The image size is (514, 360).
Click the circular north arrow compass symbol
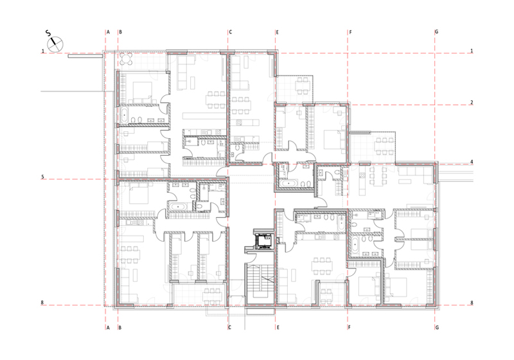[55, 44]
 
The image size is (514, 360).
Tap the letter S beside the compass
[48, 33]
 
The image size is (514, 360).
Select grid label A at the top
[108, 32]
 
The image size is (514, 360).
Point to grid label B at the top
[120, 32]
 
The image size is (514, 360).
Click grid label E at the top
[278, 32]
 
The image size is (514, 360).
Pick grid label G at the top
[436, 32]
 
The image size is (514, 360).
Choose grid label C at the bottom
[230, 328]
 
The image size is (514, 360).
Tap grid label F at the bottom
[350, 328]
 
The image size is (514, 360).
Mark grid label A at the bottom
[108, 328]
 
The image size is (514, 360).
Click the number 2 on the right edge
[472, 102]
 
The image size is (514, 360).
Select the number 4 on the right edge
[472, 161]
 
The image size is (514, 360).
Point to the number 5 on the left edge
[42, 177]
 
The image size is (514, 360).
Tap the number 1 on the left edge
[42, 51]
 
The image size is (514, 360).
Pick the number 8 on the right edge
[472, 303]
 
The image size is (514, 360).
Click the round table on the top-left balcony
[126, 59]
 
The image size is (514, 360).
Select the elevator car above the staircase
[263, 242]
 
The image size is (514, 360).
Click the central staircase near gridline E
[260, 283]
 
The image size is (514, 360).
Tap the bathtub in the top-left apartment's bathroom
[124, 116]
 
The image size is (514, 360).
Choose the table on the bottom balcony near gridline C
[212, 295]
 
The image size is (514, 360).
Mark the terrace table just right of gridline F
[384, 146]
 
